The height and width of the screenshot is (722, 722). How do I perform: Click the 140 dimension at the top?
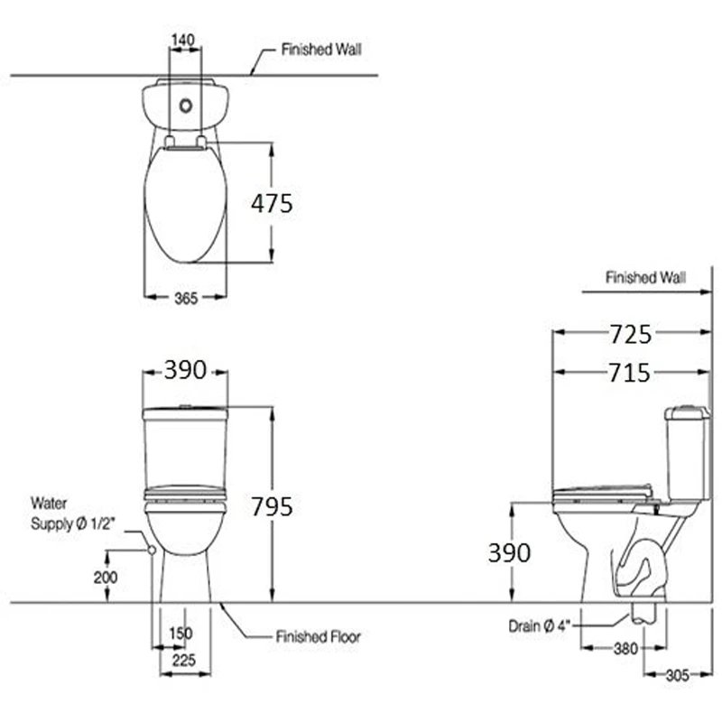184,40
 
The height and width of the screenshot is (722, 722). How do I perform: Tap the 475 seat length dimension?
272,204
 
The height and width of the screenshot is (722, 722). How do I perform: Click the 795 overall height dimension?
272,506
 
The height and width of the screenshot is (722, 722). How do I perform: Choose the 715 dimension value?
628,372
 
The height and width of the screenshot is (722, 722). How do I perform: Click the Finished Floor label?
318,637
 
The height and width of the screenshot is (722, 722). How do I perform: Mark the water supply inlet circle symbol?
151,548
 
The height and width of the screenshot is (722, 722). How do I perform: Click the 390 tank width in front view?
185,369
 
